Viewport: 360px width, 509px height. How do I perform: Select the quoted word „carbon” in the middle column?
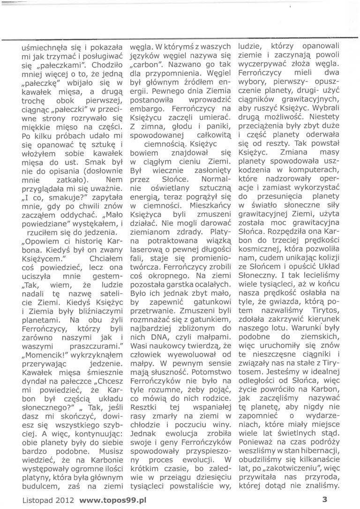coord(145,64)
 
